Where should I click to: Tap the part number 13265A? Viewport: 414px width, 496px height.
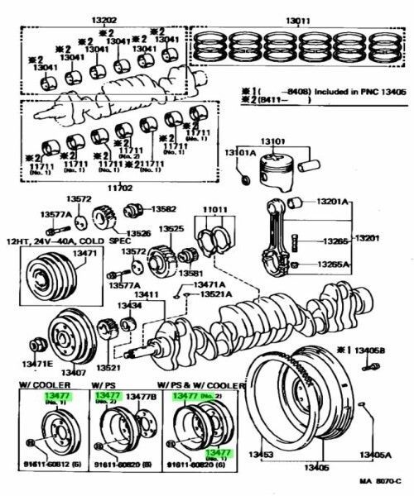click(x=334, y=265)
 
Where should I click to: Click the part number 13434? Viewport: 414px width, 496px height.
click(x=128, y=307)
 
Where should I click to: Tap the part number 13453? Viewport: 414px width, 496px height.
click(x=264, y=455)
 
